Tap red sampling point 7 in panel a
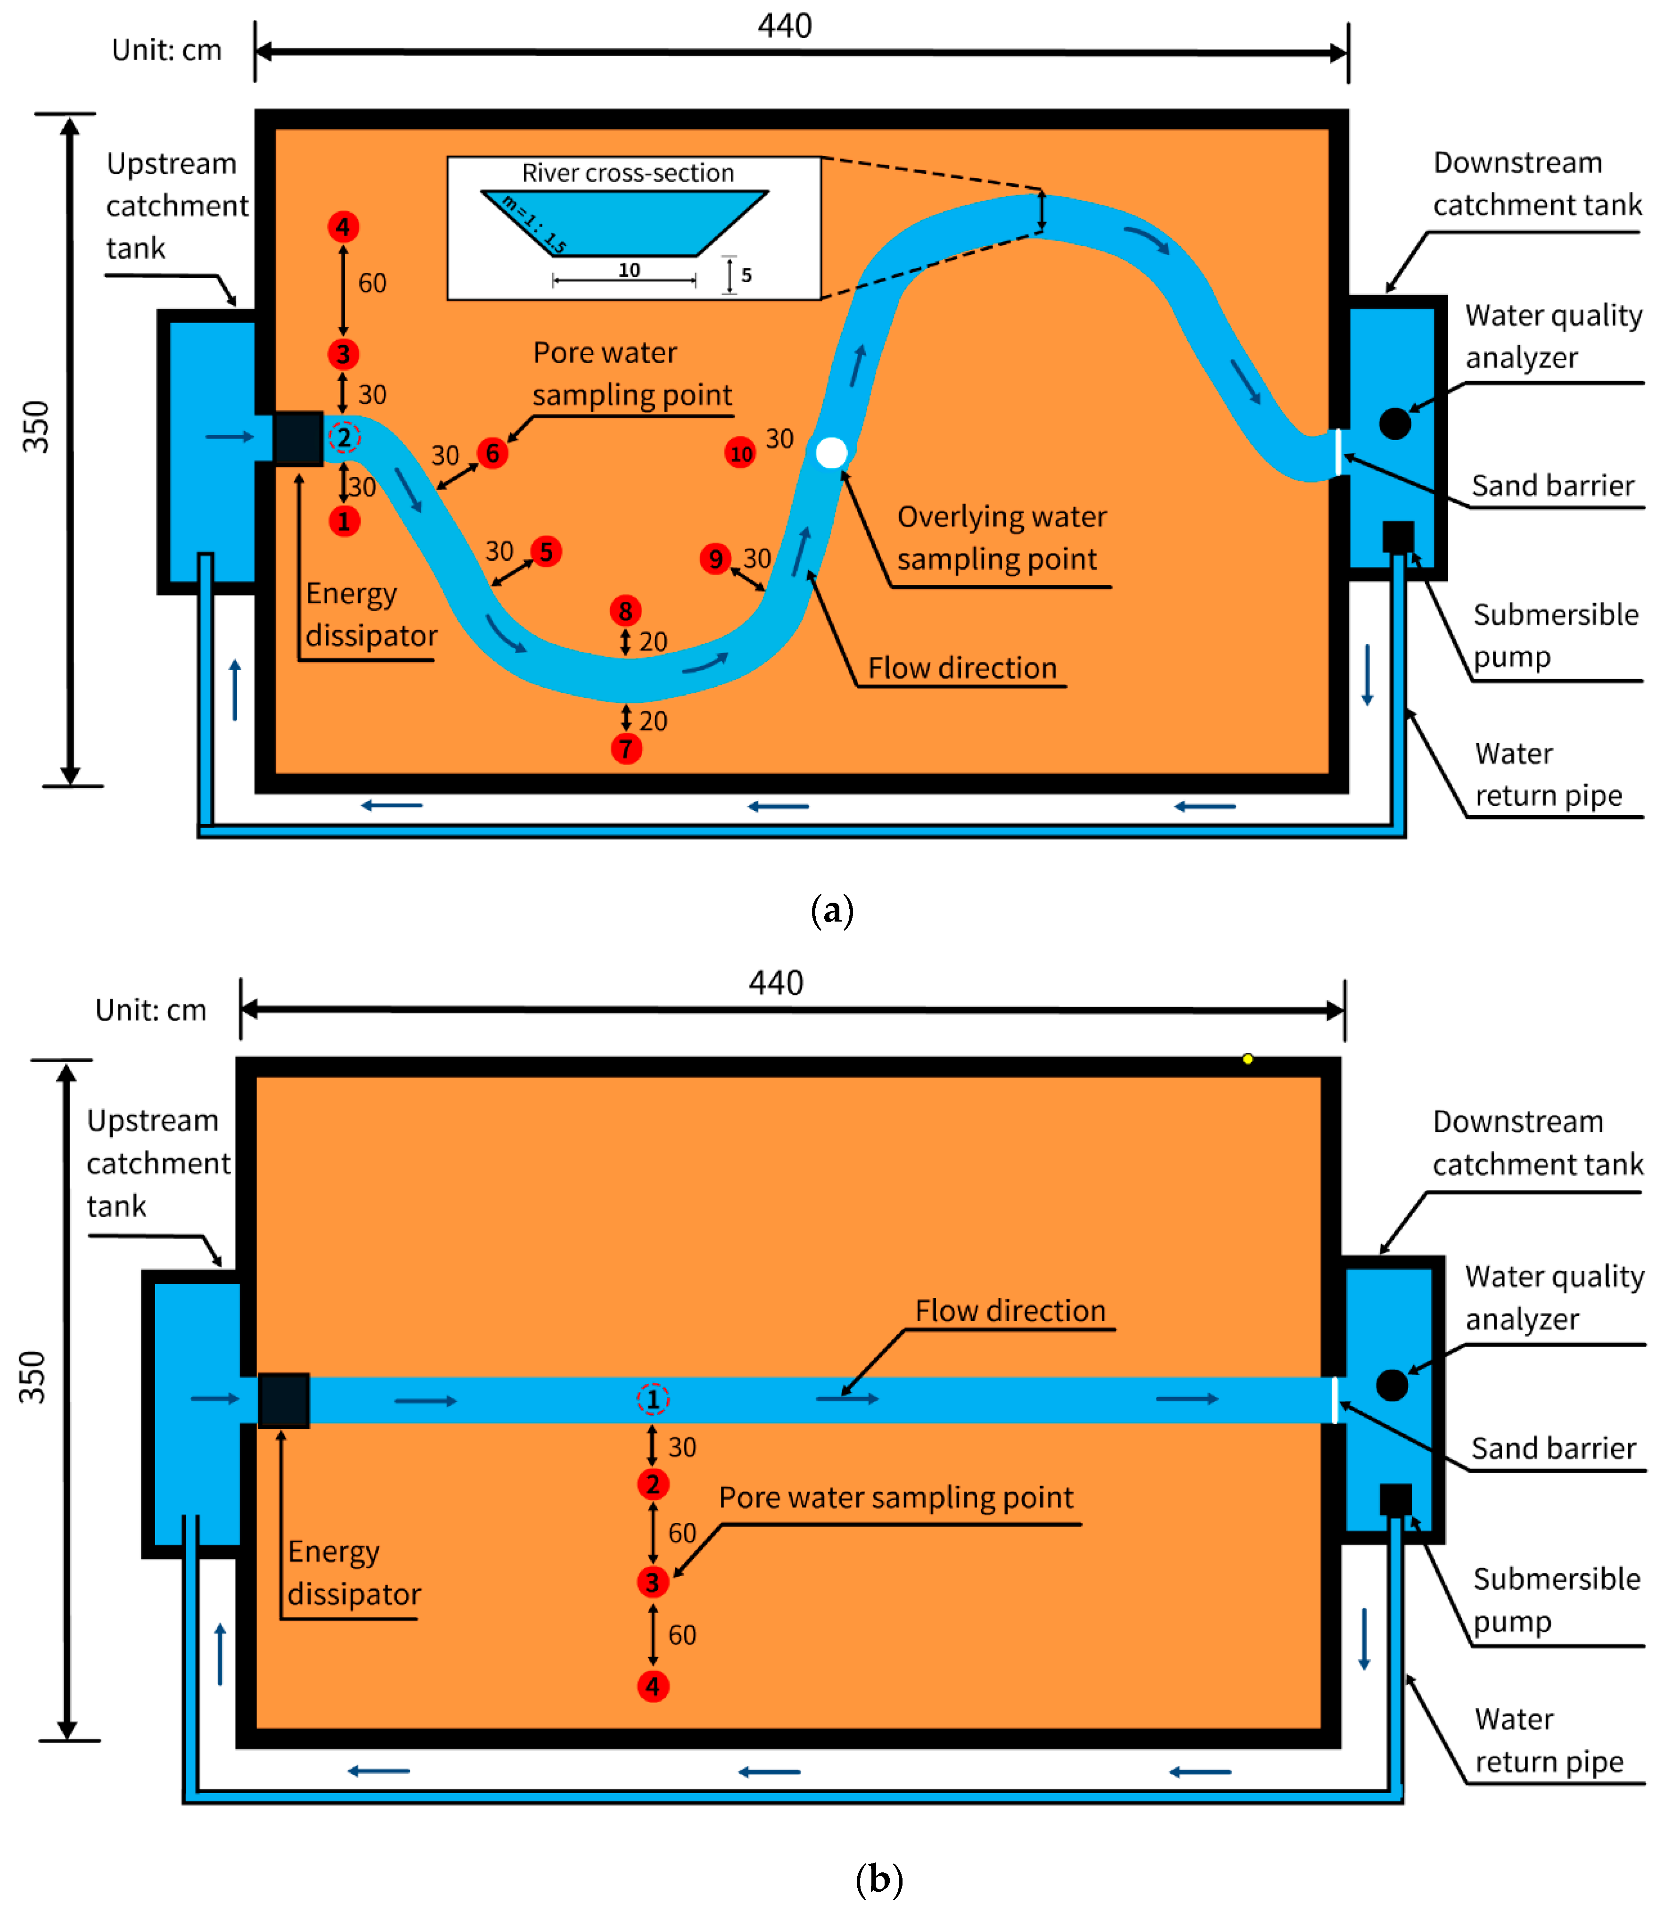[x=626, y=748]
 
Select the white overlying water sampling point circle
[x=832, y=453]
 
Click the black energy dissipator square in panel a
[x=298, y=438]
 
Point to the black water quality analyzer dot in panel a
[x=1395, y=424]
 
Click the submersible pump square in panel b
[x=1395, y=1499]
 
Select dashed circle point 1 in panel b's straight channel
[x=652, y=1399]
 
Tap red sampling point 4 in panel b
[x=653, y=1686]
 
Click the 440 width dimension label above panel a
[x=784, y=26]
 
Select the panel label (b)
[x=878, y=1879]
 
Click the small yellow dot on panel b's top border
[x=1248, y=1059]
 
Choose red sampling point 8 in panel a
[x=625, y=611]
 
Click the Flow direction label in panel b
[x=1010, y=1311]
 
